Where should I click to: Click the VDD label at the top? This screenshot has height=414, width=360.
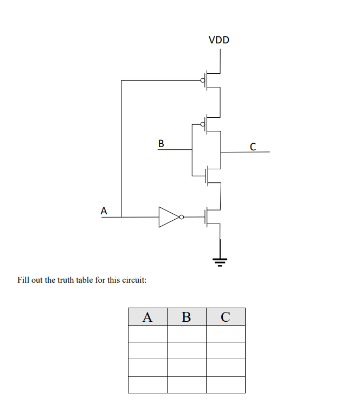point(219,40)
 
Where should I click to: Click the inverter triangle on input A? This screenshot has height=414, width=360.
point(168,217)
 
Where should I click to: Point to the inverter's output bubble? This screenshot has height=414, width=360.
point(181,217)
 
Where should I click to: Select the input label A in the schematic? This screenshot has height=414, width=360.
point(104,210)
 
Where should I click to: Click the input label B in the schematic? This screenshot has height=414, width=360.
point(161,143)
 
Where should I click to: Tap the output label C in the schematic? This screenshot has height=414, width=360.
point(253,147)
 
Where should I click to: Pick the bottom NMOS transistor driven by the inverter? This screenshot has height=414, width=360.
point(210,217)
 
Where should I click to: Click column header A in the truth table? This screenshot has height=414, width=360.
point(147,316)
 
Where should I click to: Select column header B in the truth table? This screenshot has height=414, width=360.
point(187,316)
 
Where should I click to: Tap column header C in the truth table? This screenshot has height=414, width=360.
point(226,316)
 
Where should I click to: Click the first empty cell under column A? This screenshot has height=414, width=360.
point(147,334)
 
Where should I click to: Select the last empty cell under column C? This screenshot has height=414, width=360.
point(226,384)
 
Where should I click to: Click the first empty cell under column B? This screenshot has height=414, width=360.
point(187,334)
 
